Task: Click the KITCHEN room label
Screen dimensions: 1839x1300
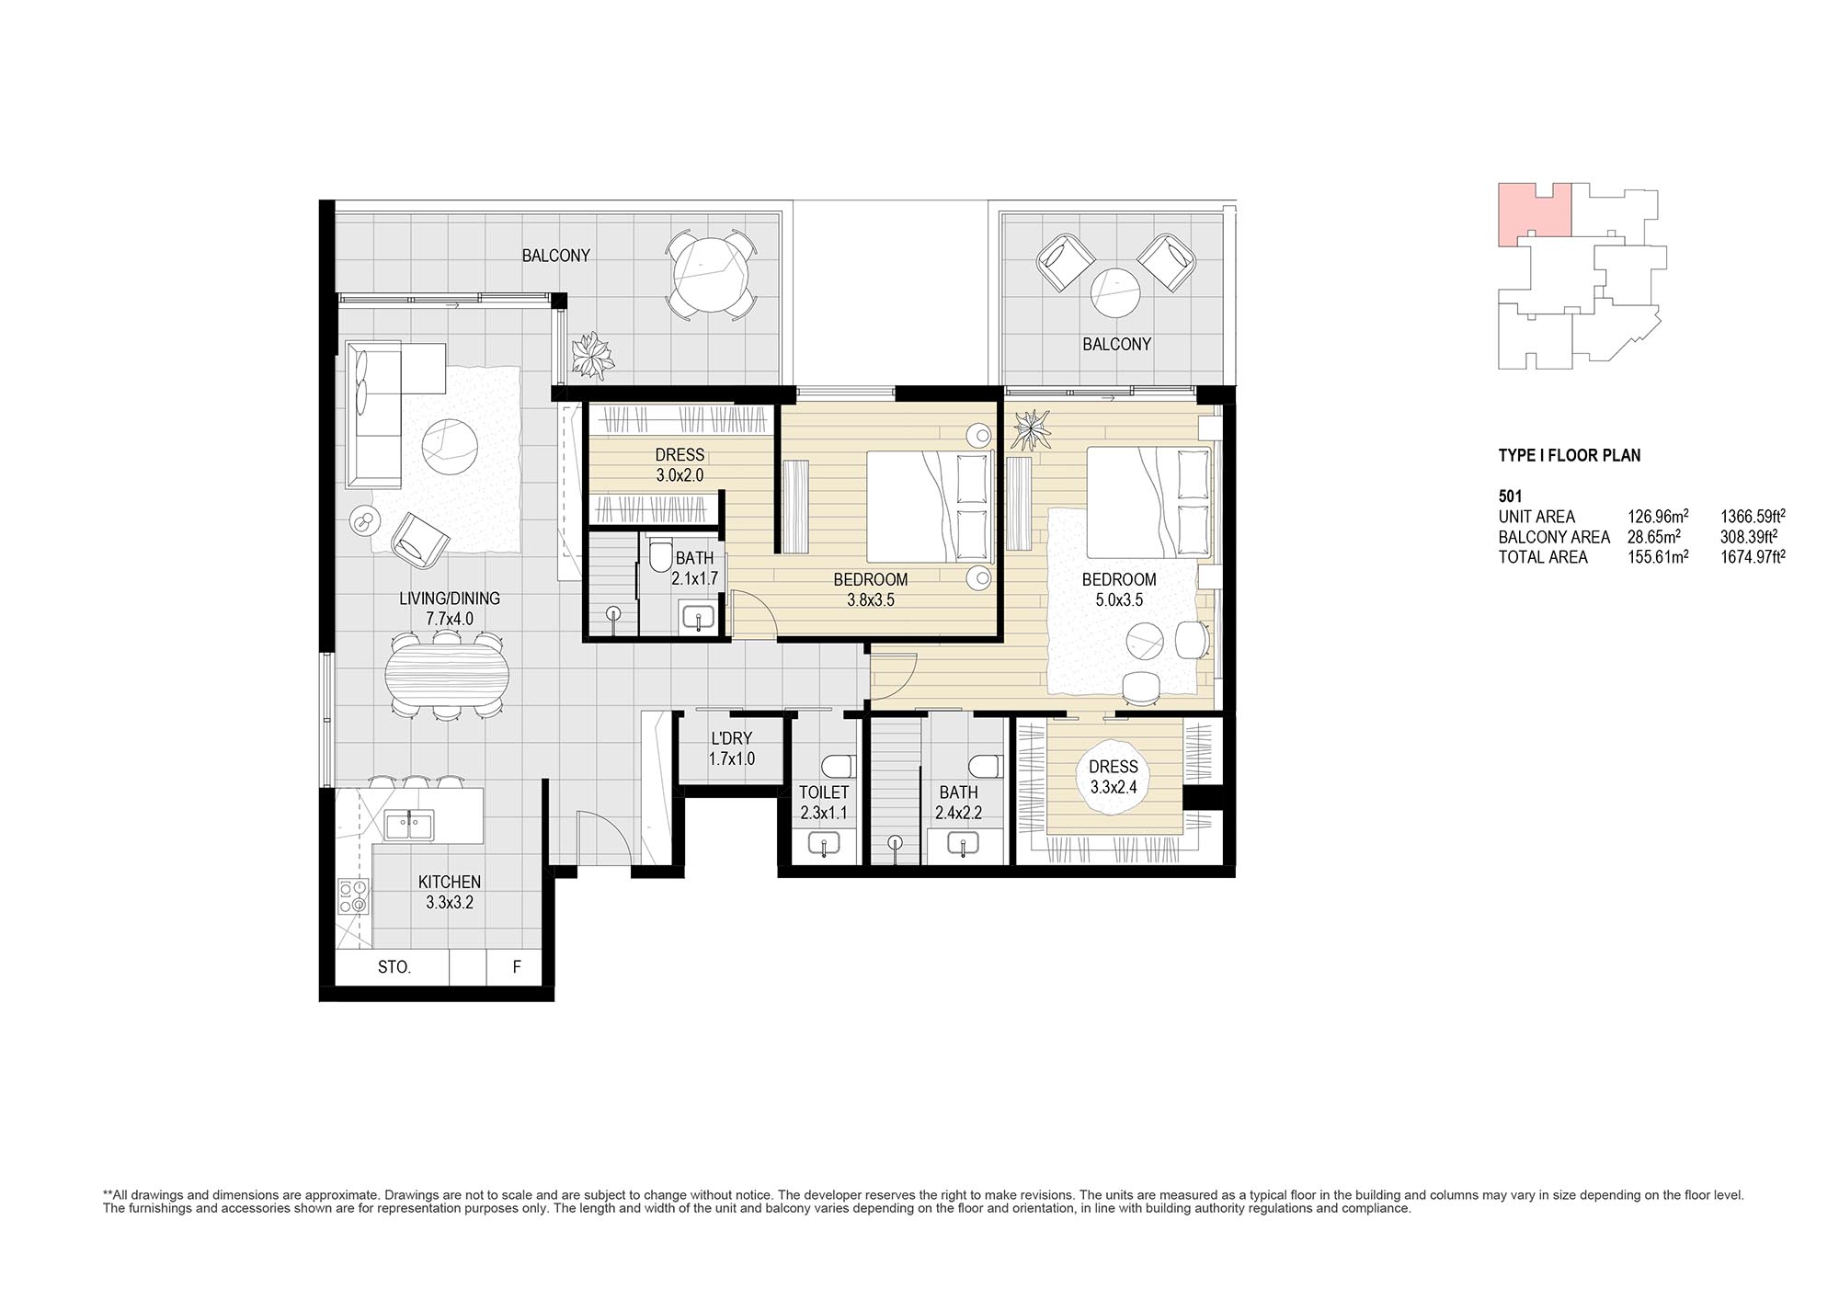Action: (x=450, y=882)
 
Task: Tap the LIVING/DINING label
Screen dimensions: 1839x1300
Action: (x=450, y=599)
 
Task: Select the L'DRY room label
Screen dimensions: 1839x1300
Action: (x=732, y=738)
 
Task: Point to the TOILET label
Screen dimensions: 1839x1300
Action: (x=824, y=793)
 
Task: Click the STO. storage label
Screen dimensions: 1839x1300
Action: (x=394, y=967)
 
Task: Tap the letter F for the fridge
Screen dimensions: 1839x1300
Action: (x=517, y=967)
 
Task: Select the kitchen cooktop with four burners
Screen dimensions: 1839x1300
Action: (x=353, y=897)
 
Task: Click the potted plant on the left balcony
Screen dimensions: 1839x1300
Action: (x=592, y=357)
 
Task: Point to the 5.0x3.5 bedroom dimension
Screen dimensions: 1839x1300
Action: (x=1119, y=600)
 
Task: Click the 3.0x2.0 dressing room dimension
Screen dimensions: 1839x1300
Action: (x=680, y=475)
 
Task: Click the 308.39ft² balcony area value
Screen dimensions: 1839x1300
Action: (x=1753, y=537)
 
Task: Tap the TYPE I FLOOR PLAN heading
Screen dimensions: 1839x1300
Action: (x=1570, y=455)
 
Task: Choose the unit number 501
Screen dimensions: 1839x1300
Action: (x=1510, y=496)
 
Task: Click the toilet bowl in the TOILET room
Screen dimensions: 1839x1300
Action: (x=838, y=766)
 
